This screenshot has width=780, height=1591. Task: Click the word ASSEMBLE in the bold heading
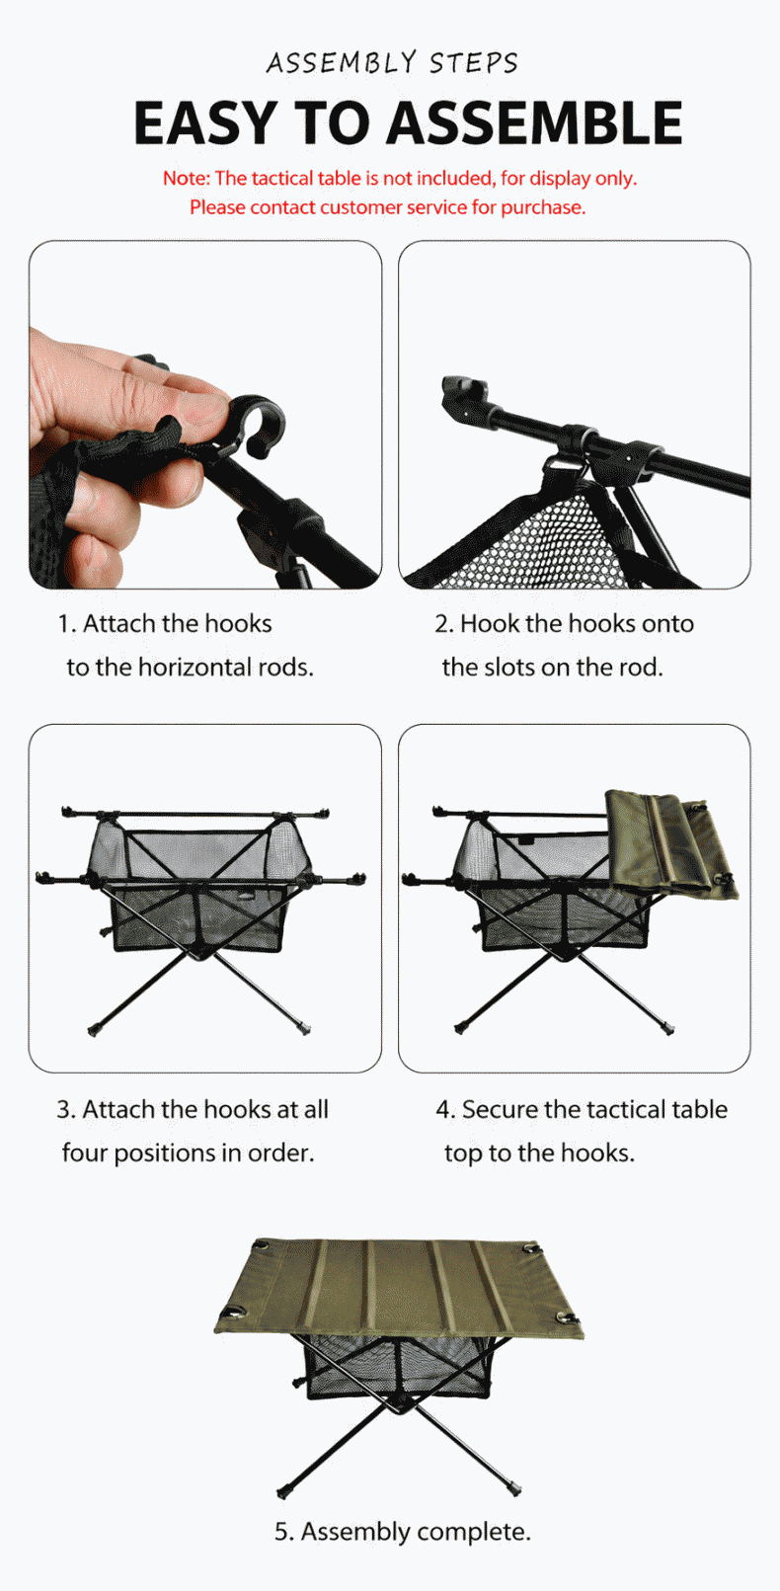click(535, 122)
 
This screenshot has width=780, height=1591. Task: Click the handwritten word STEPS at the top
click(474, 63)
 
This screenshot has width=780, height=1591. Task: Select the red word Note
click(187, 179)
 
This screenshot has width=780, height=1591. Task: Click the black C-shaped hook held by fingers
click(257, 422)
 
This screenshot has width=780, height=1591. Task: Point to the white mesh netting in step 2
click(547, 543)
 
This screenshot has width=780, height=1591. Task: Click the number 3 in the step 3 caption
click(64, 1109)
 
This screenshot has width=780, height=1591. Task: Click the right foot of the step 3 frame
click(305, 1028)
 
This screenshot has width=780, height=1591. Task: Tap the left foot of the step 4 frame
click(460, 1028)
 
